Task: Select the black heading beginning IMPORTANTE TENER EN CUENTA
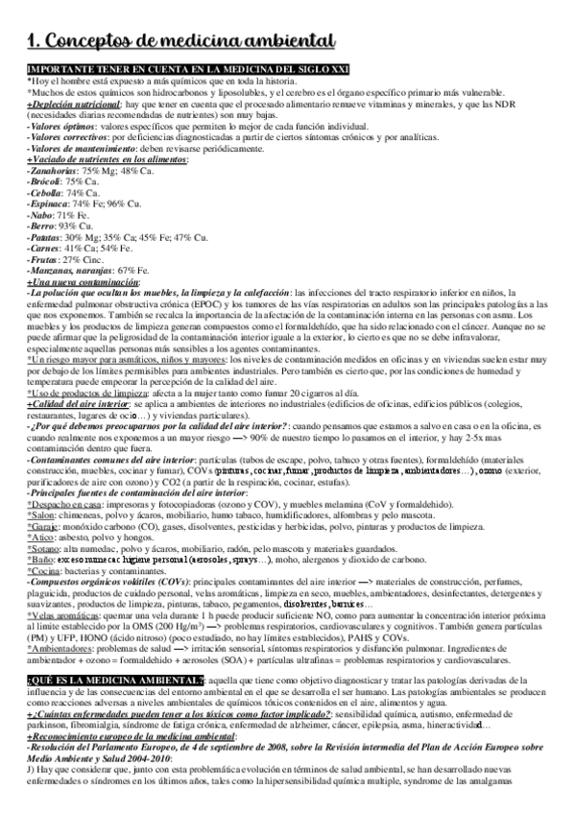[x=188, y=70]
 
